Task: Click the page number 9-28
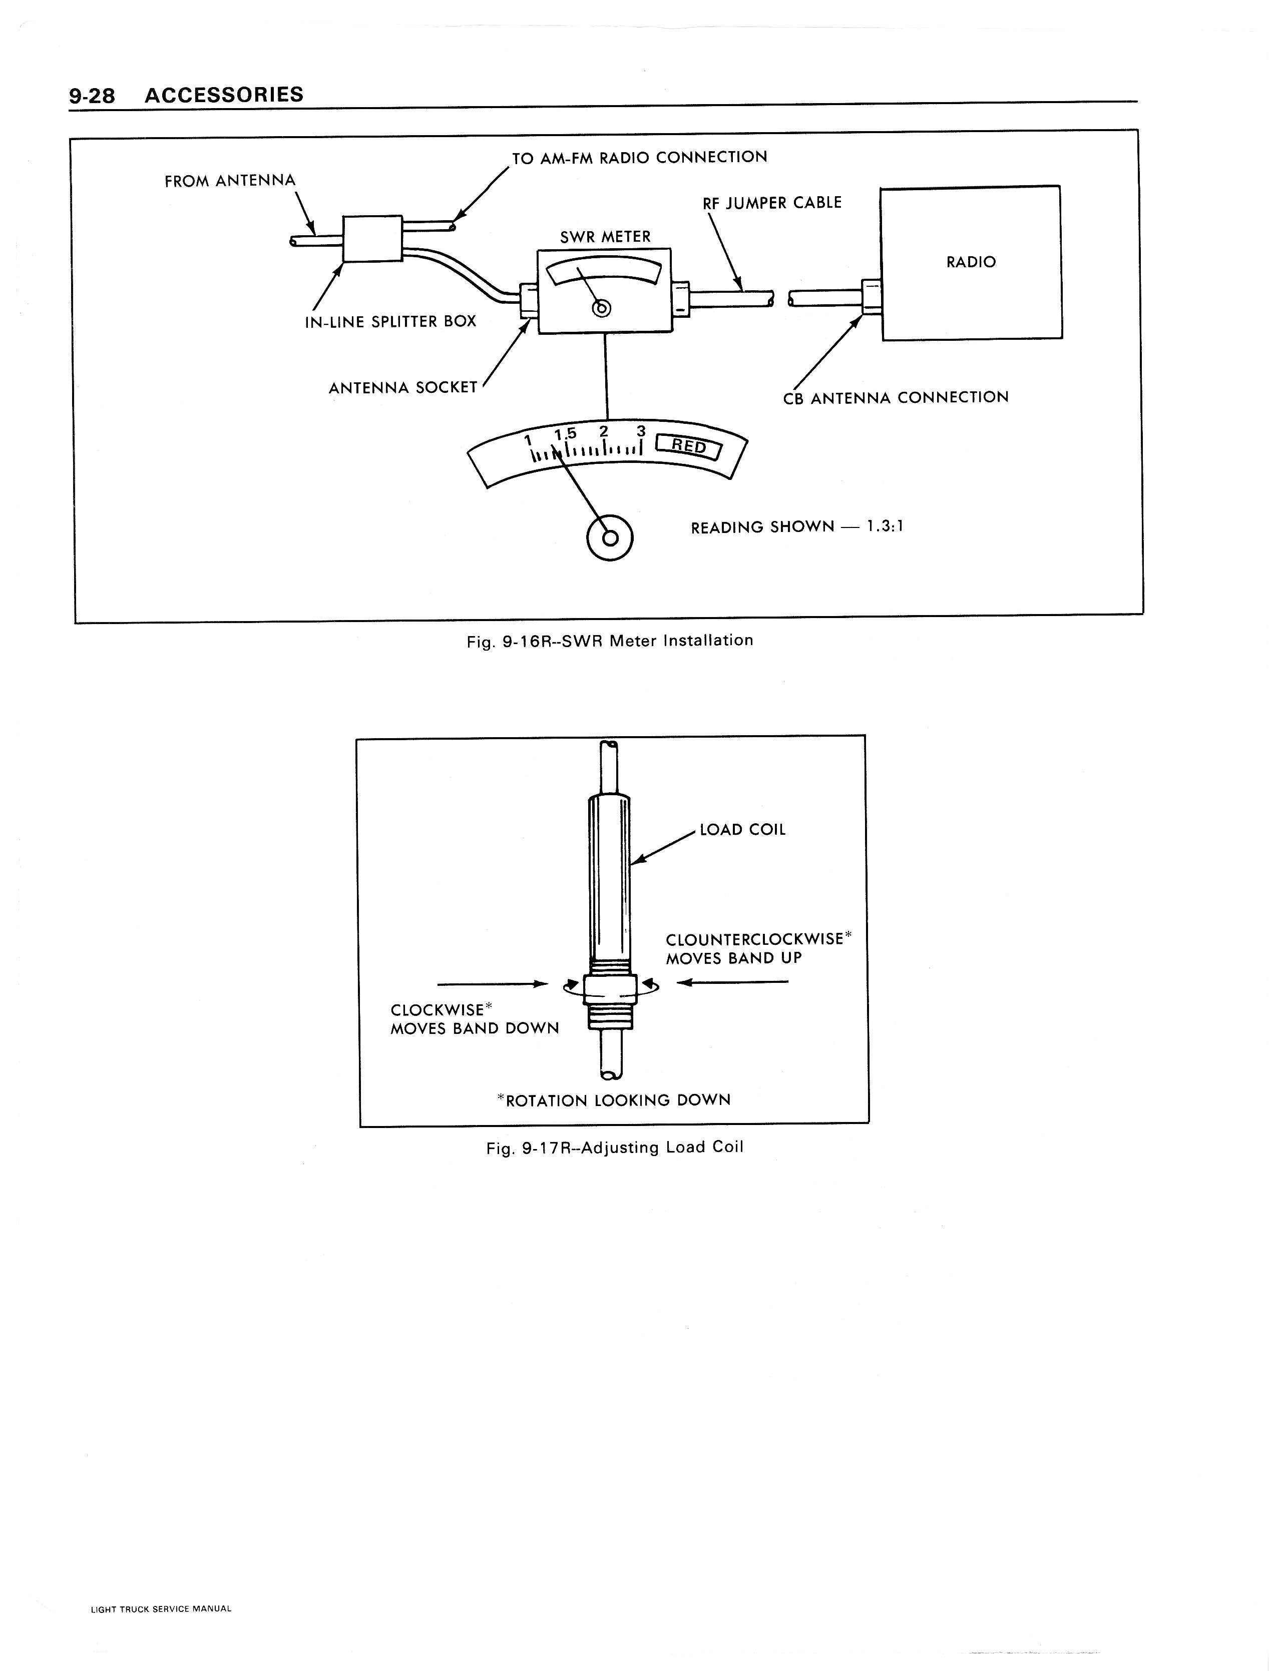click(x=91, y=96)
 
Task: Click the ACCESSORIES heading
click(x=224, y=95)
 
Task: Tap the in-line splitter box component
click(x=372, y=239)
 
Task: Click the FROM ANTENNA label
click(x=230, y=181)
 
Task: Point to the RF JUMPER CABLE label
click(x=772, y=203)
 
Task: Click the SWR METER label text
click(x=605, y=237)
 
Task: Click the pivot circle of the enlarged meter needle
click(x=609, y=538)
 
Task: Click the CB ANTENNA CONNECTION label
click(x=896, y=397)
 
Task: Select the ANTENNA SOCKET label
click(x=403, y=388)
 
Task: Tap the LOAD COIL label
click(x=742, y=830)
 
